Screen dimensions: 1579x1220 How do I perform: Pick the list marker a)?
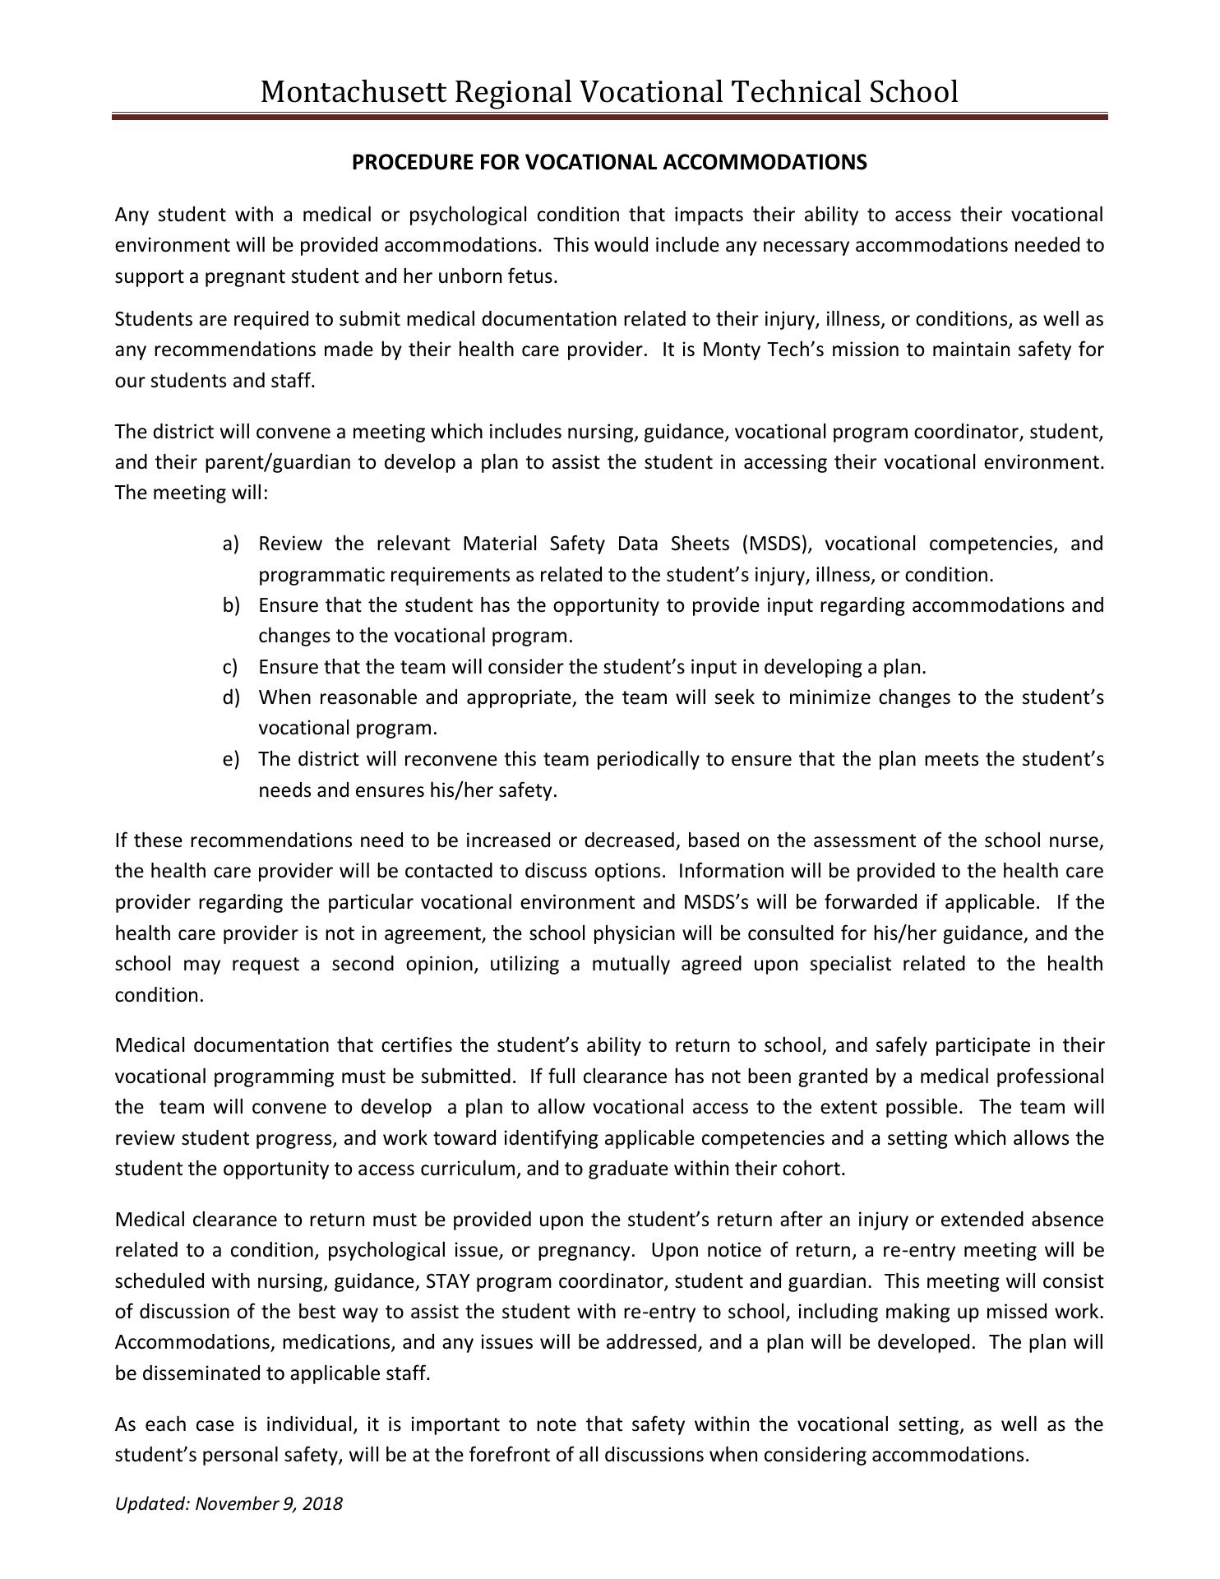point(230,544)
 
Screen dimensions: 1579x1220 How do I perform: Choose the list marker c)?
point(230,667)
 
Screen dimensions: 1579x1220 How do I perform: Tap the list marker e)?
point(230,759)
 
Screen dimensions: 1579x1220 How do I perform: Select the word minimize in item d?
point(829,697)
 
